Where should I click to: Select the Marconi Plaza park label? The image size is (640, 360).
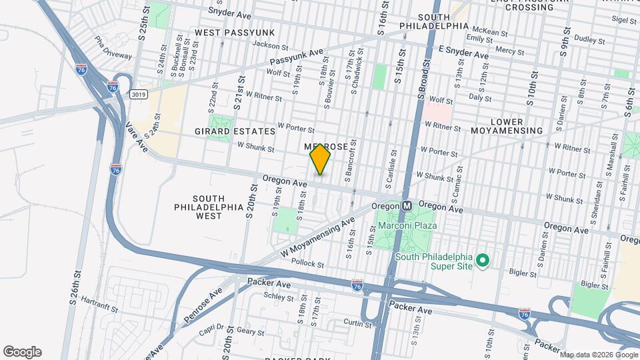[407, 225]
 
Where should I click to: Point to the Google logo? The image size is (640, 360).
[22, 352]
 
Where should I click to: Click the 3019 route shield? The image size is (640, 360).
[139, 95]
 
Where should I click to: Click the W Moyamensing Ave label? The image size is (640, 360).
[317, 237]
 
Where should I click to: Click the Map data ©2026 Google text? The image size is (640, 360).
[598, 354]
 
